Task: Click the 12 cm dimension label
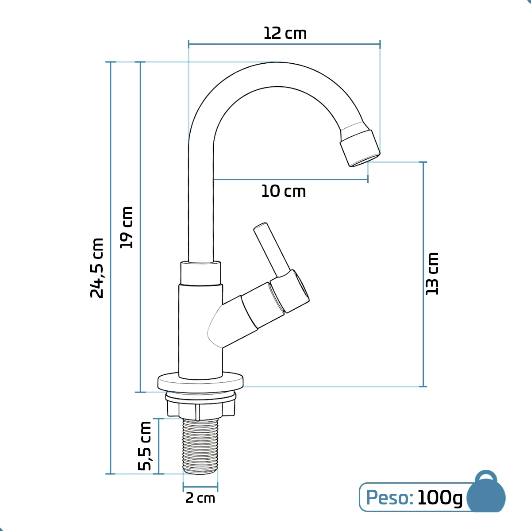[285, 33]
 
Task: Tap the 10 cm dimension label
[284, 192]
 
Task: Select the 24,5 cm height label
[97, 268]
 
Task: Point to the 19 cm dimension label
[127, 227]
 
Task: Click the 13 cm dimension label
[432, 273]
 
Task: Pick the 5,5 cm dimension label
[145, 446]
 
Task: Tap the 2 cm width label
[200, 498]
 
